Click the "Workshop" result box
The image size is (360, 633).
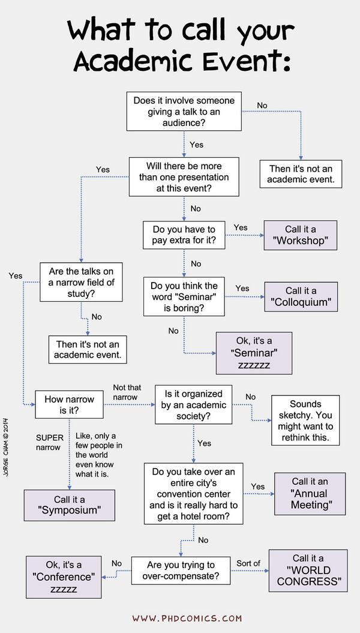301,235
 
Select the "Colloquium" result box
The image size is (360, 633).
301,296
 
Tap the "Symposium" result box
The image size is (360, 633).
70,505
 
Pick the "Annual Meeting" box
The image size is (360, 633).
310,493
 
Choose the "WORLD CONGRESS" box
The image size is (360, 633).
308,569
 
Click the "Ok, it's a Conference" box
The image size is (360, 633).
64,576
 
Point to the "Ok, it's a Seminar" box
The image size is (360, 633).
254,353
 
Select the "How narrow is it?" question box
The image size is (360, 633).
70,406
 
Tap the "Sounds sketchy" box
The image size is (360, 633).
305,419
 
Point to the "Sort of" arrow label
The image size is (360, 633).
248,563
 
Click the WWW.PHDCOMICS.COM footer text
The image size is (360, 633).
187,618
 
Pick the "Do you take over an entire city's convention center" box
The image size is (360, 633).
193,493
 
